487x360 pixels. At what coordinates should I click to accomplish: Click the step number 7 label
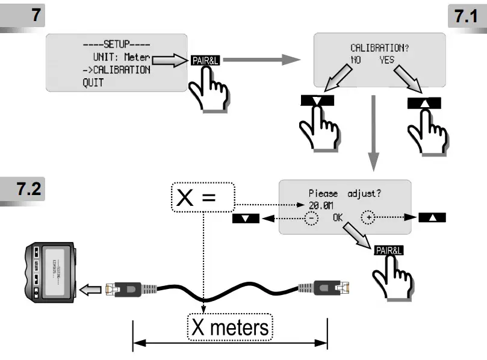38,15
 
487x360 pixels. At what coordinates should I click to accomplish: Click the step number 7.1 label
464,16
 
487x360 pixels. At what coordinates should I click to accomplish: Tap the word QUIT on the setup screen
93,82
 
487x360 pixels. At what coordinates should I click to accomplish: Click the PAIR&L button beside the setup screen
204,60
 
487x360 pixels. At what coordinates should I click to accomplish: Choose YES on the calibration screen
388,60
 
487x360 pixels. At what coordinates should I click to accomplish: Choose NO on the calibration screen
356,60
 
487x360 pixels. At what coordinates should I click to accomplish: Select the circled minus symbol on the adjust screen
311,217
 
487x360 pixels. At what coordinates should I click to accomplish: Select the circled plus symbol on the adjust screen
368,217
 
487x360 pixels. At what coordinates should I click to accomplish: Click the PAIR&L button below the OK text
388,250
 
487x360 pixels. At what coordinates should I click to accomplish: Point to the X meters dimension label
230,328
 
